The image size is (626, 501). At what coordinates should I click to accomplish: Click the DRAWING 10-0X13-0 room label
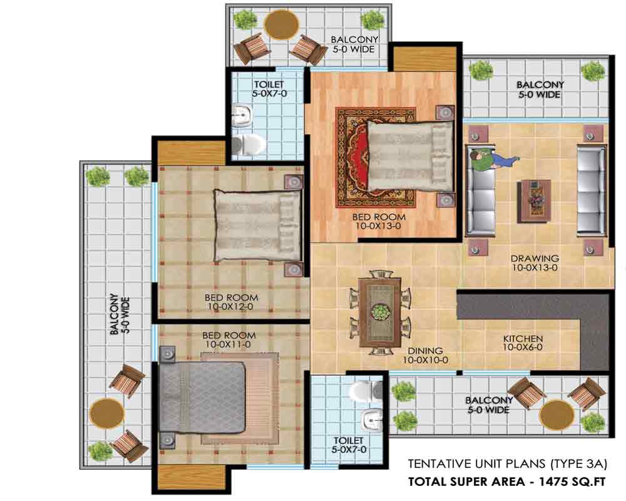coord(535,263)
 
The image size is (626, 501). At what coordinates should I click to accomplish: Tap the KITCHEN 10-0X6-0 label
coord(523,343)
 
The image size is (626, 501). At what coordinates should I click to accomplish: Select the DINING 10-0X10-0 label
coord(425,355)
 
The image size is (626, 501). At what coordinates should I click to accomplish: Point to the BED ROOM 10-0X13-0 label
coord(379,221)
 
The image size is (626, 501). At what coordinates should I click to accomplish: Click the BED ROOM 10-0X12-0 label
coord(231,302)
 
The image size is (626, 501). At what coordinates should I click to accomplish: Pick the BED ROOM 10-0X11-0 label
coord(228,339)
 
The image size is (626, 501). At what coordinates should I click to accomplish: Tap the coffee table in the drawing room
coord(535,201)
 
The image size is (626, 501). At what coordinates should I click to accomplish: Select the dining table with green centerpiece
coord(380,312)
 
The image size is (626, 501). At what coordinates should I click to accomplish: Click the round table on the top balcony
coord(282,25)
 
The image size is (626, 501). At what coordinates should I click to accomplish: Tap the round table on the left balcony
coord(107,413)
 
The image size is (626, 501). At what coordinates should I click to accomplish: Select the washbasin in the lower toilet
coord(372,420)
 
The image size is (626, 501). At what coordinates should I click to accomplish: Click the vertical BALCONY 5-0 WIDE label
coord(120,314)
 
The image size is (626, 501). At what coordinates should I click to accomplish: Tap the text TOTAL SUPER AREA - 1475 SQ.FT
coord(506,482)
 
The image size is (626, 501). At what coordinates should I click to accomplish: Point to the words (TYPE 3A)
coord(578,464)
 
